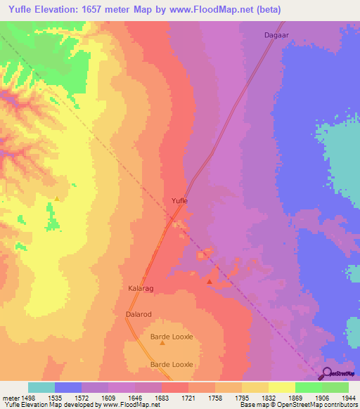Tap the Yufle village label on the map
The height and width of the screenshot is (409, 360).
[x=180, y=201]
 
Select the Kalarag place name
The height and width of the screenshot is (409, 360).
[x=140, y=288]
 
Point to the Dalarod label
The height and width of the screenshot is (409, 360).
[x=139, y=315]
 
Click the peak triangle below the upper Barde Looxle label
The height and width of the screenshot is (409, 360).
[x=162, y=343]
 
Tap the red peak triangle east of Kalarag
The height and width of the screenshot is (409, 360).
[x=210, y=282]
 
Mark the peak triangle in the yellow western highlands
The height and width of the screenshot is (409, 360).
[x=57, y=198]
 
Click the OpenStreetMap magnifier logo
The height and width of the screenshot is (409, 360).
[x=326, y=373]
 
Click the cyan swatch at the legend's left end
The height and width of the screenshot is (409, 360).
[x=41, y=387]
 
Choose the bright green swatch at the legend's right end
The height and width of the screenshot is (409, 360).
[x=335, y=387]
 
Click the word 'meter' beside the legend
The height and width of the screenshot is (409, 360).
[x=11, y=397]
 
